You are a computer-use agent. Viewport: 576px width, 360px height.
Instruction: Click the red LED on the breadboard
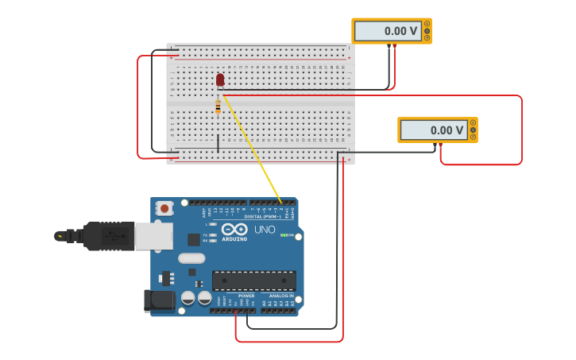[x=220, y=79]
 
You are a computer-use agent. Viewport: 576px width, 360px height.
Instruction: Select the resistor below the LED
[x=218, y=106]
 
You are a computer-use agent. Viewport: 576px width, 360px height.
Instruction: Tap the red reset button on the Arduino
[x=164, y=208]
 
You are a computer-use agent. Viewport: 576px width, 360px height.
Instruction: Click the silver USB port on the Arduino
[x=153, y=236]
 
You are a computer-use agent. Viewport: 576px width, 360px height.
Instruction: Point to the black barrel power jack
[x=159, y=300]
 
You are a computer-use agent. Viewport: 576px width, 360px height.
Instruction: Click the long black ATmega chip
[x=253, y=281]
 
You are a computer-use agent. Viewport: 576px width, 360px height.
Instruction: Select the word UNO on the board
[x=265, y=230]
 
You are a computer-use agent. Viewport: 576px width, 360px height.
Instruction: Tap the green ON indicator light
[x=284, y=235]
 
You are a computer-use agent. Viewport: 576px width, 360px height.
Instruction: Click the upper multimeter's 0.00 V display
[x=388, y=31]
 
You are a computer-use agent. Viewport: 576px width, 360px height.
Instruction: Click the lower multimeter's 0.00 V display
[x=433, y=130]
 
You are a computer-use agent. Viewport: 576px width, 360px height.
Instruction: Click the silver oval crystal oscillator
[x=191, y=258]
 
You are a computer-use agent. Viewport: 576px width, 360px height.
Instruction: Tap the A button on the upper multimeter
[x=427, y=24]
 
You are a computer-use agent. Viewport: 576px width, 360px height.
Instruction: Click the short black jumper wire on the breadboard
[x=218, y=143]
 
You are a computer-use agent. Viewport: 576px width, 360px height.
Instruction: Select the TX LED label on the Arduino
[x=206, y=235]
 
